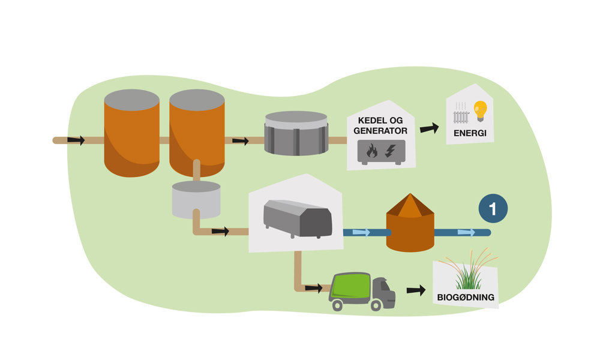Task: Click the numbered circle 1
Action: pos(493,209)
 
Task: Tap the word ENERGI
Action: pos(469,133)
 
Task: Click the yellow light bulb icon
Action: pos(480,110)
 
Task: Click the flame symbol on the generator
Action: pos(371,151)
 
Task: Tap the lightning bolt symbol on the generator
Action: pos(390,151)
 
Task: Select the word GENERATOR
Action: pos(380,130)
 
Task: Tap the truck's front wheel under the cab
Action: pos(376,305)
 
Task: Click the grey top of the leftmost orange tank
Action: pos(131,100)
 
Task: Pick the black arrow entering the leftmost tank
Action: pos(76,140)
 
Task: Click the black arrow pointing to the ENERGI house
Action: pos(429,128)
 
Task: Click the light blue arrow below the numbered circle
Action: pos(466,232)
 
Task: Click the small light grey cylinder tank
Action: pos(196,199)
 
